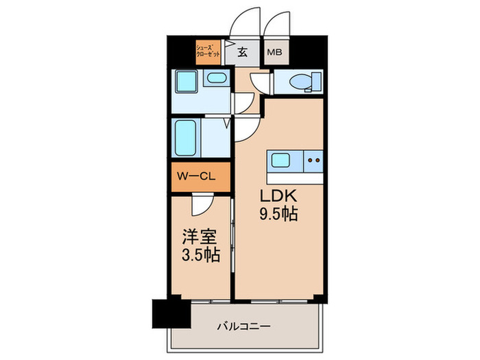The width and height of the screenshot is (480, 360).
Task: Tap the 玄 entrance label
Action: coord(243,51)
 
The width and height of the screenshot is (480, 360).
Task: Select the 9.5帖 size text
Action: coord(278,215)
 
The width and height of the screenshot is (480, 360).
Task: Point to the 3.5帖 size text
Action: coord(201,256)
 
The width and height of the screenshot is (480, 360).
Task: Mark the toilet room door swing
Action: coord(261,82)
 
